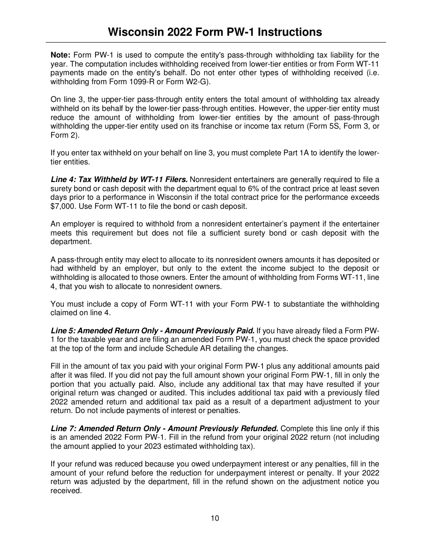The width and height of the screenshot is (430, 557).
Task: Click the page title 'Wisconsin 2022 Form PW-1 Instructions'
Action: (x=215, y=32)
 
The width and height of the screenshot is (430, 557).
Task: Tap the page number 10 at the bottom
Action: (x=215, y=518)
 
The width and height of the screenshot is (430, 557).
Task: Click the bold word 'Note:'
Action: (x=60, y=55)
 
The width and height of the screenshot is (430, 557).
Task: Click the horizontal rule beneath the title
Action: (x=215, y=42)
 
